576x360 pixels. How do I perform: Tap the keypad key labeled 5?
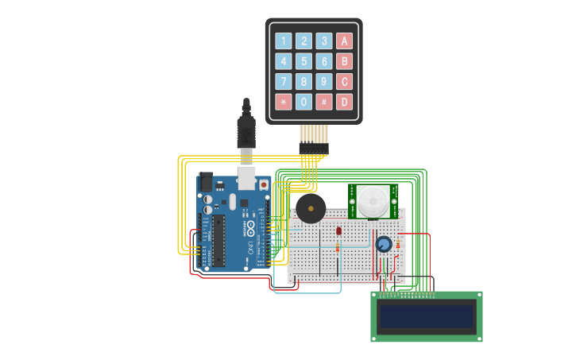click(304, 61)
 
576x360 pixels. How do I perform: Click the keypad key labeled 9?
click(324, 81)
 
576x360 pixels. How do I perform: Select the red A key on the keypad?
click(344, 41)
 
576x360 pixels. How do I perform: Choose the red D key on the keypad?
click(344, 102)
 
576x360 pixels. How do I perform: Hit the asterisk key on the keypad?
click(284, 102)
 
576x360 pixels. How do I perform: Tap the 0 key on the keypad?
click(304, 102)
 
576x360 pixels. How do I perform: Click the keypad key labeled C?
click(344, 81)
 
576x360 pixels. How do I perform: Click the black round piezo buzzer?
click(311, 209)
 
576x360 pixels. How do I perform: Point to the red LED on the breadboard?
click(338, 230)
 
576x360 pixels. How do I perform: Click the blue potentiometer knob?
click(384, 244)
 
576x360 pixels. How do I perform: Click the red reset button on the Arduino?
click(264, 184)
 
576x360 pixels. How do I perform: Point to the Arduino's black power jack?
click(206, 182)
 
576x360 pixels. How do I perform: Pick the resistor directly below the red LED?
click(338, 248)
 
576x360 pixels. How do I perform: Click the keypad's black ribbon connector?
click(313, 148)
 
